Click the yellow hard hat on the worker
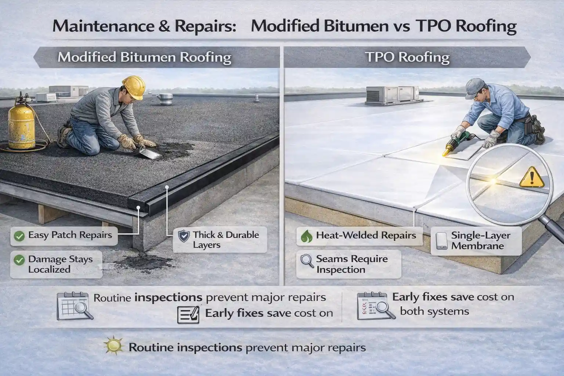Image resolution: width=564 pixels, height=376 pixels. [133, 87]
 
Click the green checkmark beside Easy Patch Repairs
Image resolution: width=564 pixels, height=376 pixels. [18, 235]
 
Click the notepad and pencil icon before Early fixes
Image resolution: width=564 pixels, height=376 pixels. [188, 315]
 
